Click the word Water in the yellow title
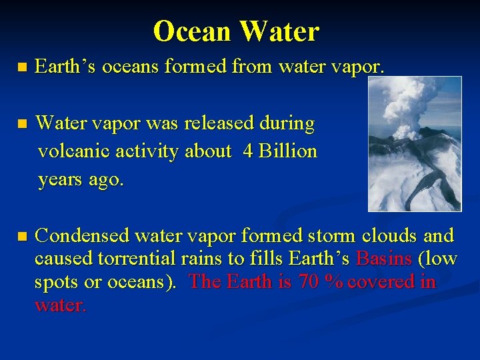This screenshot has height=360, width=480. click(279, 31)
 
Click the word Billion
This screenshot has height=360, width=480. click(288, 151)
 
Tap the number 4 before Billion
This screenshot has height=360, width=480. click(248, 151)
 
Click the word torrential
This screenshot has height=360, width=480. click(138, 259)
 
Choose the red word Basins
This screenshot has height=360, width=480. click(384, 259)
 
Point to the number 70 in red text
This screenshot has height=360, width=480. click(309, 282)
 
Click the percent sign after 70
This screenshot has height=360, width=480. click(333, 282)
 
